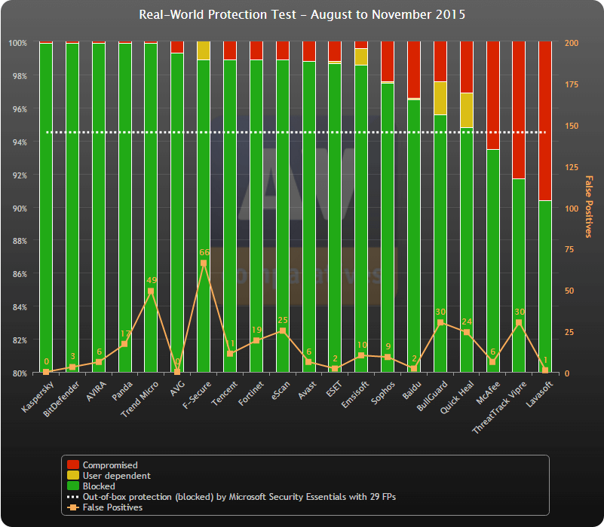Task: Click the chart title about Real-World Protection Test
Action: coord(302,14)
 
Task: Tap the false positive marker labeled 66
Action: coord(204,263)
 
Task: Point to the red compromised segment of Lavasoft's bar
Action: coord(545,120)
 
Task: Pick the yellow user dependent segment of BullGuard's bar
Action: coord(440,98)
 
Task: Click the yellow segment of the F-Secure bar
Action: coord(204,50)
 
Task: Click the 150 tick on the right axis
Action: coord(572,126)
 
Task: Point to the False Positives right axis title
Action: coord(589,206)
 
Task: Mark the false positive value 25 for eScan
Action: coord(283,321)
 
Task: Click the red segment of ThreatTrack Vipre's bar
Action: coord(519,110)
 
